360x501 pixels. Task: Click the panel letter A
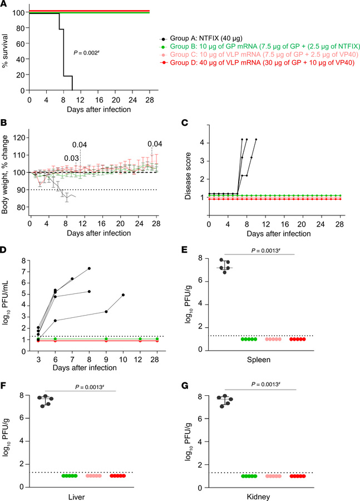click(4, 4)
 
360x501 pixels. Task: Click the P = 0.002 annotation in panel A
click(90, 53)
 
